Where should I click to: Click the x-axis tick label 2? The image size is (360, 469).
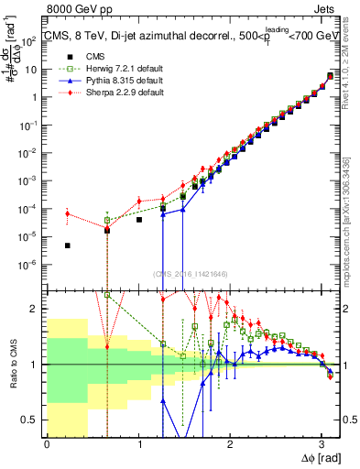(231, 443)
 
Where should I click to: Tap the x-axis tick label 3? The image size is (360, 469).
(322, 443)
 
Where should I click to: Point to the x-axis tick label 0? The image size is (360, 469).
(47, 443)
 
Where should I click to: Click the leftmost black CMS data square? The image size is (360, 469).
(68, 245)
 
